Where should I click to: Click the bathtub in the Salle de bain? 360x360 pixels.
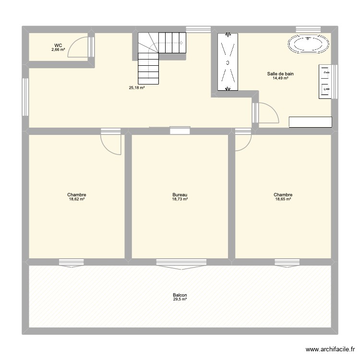coord(309,45)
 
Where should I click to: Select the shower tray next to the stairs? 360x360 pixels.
coord(227,62)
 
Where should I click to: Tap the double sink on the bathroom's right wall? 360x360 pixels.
coord(325,82)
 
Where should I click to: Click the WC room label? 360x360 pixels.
coord(58,45)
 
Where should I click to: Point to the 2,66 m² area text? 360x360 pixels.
coord(59,49)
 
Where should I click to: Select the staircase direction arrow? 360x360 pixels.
coord(181,43)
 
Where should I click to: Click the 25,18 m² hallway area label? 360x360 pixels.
coord(137,88)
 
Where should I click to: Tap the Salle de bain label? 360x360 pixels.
coord(280,74)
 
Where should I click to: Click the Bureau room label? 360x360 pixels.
coord(180,195)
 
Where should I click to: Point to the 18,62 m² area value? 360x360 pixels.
coord(77,199)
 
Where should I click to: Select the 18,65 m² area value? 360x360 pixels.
coord(283,199)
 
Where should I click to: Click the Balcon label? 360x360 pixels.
coord(180,295)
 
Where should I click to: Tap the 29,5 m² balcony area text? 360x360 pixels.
coord(180,300)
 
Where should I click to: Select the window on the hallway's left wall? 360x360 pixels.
coord(25,98)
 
